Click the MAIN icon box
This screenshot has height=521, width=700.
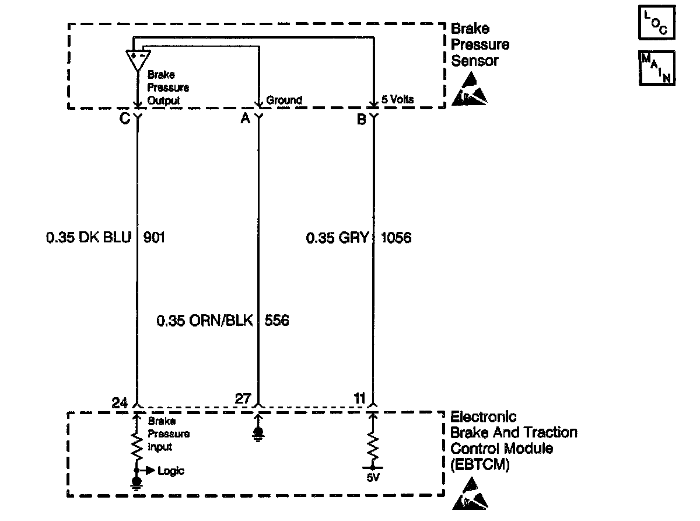click(657, 68)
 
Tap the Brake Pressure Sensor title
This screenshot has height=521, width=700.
click(480, 44)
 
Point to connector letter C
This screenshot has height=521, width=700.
click(124, 119)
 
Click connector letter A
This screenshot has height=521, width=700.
click(245, 119)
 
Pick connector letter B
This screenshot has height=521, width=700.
click(361, 119)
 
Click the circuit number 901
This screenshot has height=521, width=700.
click(154, 238)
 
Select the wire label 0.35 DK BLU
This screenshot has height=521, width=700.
click(89, 238)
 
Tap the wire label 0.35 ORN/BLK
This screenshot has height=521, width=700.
click(205, 321)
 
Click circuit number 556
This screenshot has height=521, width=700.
click(277, 321)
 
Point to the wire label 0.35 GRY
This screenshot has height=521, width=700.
click(338, 238)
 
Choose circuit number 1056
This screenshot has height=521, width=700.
click(396, 238)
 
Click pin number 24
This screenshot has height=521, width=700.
click(120, 402)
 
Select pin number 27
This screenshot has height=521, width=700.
click(243, 399)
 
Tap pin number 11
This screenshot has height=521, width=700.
click(359, 399)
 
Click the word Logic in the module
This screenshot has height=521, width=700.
click(171, 471)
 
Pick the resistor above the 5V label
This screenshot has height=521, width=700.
click(373, 447)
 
